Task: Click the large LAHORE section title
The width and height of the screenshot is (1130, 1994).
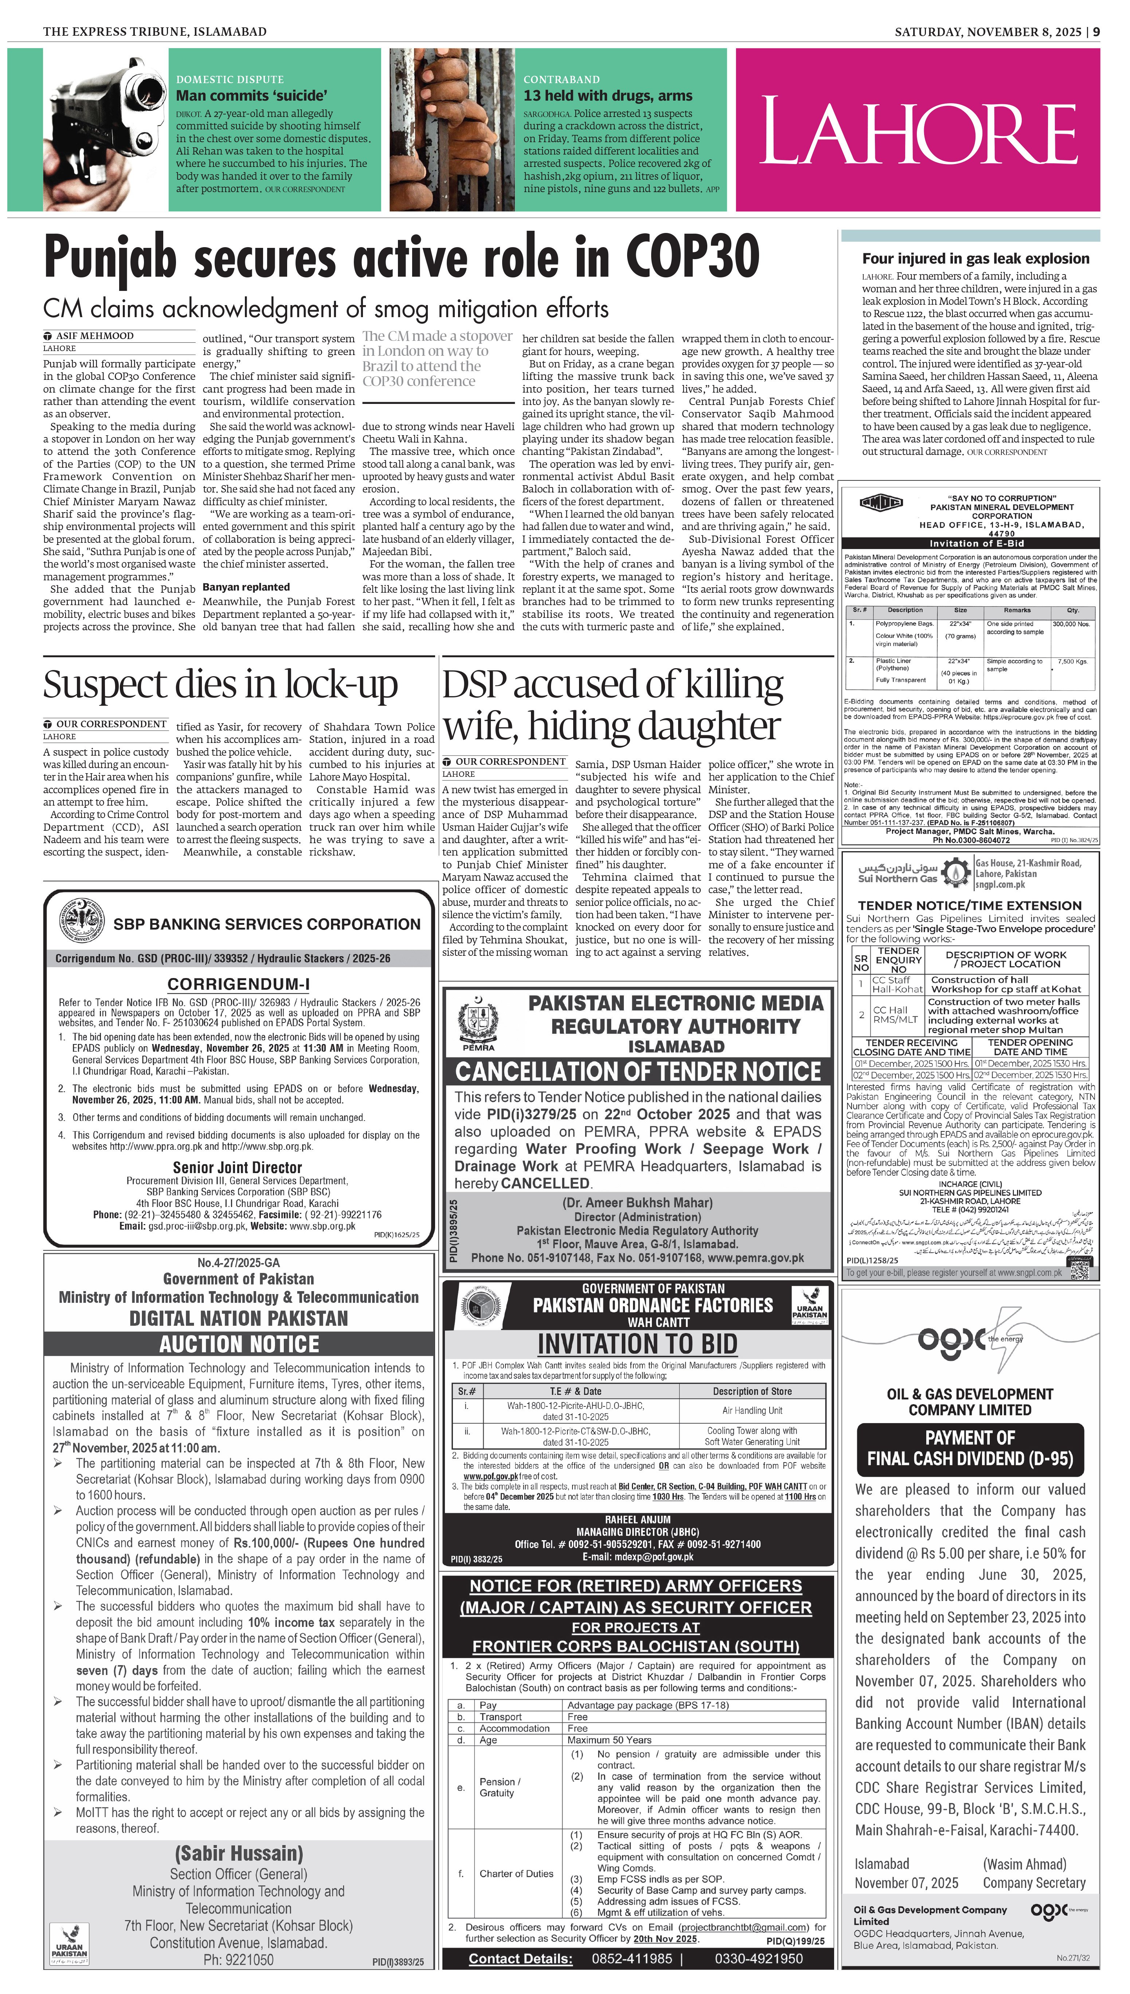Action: [918, 130]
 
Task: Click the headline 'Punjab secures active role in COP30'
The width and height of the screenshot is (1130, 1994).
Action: [401, 257]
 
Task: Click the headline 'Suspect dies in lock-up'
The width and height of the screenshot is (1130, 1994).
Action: [220, 685]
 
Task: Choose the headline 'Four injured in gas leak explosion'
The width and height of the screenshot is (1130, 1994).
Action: [975, 258]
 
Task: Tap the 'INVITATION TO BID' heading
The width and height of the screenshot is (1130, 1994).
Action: [637, 1344]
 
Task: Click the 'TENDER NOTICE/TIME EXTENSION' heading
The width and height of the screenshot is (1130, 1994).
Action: [969, 905]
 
